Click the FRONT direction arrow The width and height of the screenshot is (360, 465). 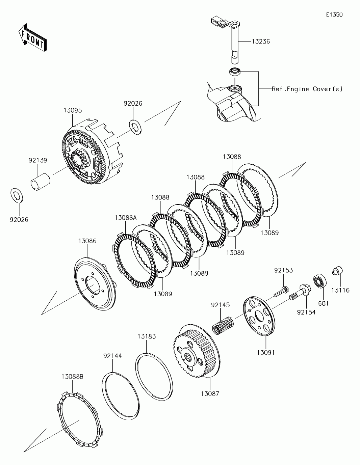32,38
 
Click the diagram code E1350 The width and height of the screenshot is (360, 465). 334,15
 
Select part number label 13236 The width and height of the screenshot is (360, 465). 261,42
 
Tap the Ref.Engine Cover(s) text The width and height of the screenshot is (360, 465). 307,89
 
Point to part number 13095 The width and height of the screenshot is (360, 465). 73,110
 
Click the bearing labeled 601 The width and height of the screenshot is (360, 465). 320,281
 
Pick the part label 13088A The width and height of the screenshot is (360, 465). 126,218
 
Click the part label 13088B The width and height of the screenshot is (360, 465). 72,382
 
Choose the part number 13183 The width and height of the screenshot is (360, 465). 147,336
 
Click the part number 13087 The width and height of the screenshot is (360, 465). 210,394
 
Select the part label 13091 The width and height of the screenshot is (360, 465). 266,352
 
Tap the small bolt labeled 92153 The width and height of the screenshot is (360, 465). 281,291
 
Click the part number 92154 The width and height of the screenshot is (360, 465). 306,312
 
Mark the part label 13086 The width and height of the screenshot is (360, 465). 87,241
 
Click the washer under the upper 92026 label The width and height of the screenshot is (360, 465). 135,127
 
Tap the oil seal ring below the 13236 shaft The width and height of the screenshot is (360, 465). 235,71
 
